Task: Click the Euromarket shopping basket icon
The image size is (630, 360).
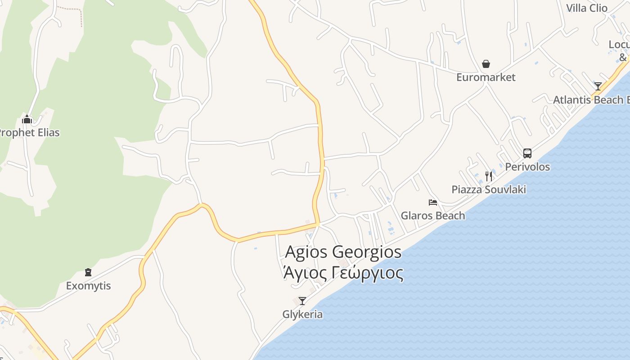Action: coord(486,64)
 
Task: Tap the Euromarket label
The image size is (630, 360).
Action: coord(486,77)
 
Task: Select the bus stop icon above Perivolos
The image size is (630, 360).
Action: coord(527,153)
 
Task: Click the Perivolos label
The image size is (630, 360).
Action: coord(527,167)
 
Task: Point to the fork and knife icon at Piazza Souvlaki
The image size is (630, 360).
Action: coord(489,176)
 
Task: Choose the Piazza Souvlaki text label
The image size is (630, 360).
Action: coord(489,189)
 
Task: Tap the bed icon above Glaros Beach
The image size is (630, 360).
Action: coord(433,202)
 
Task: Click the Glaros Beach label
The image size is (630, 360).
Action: coord(433,216)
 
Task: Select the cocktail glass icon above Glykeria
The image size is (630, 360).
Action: coord(302,301)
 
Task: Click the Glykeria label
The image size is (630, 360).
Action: coord(302,314)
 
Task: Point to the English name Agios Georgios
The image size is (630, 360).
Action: coord(343,252)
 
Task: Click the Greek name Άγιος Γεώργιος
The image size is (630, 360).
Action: coord(343,273)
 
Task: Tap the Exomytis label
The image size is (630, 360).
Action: coord(88,286)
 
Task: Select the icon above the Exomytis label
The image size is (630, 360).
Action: coord(88,272)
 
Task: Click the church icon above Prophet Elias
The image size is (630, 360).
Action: coord(27,119)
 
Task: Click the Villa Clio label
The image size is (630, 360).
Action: coord(587,8)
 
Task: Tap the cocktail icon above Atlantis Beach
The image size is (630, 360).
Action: coord(598,86)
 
